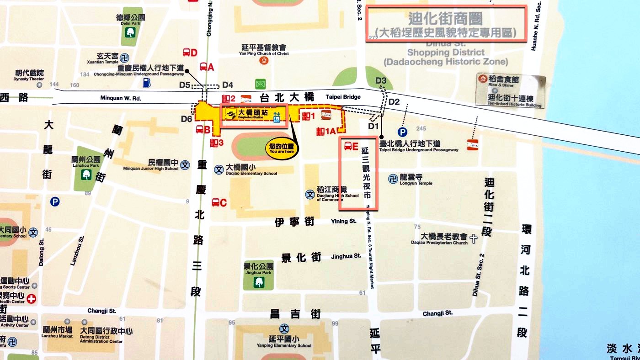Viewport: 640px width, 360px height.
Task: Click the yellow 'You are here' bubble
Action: point(282,148)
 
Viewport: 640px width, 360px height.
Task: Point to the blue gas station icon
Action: point(147,82)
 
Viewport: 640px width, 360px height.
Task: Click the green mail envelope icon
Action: point(260,84)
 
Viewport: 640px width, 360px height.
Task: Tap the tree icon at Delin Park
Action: point(130,32)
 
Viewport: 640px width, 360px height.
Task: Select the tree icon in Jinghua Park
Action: point(259,282)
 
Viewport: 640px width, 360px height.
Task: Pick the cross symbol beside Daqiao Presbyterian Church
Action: point(474,238)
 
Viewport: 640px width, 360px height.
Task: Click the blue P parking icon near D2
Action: point(402,132)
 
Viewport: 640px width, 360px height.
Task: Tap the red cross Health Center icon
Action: point(32,299)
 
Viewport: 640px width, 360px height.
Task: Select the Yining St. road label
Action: point(343,222)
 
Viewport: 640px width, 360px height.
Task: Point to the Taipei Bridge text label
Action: point(343,97)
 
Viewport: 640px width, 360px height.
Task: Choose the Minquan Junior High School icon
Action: point(185,165)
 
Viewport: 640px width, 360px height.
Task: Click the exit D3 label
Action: point(381,81)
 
